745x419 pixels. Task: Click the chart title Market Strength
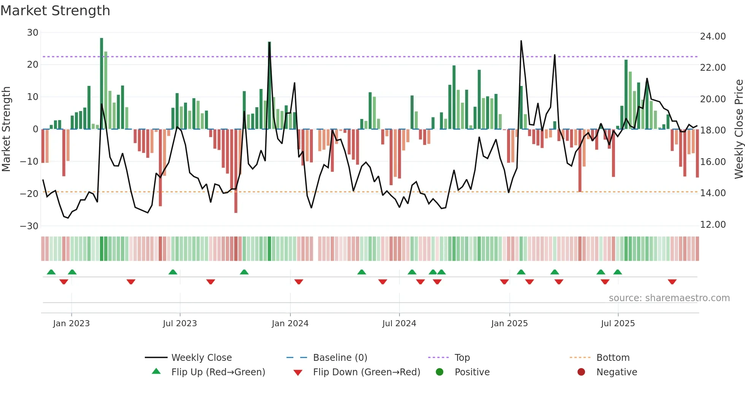[55, 11]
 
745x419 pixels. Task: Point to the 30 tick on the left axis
[33, 33]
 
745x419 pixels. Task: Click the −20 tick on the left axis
[29, 194]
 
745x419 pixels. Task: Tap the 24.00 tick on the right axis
[713, 37]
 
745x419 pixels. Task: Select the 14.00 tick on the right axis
[713, 193]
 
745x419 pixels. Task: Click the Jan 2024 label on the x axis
[290, 324]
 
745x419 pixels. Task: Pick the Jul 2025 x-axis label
[618, 324]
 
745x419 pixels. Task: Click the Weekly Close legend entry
[201, 358]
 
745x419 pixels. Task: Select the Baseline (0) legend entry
[340, 358]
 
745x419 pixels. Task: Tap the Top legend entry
[462, 358]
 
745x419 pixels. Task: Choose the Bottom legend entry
[613, 358]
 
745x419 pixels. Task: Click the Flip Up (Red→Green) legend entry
[218, 372]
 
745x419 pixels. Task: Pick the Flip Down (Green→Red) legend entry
[366, 372]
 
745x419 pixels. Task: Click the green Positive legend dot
[439, 372]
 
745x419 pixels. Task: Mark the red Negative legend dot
[581, 372]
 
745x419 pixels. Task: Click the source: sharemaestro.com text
[669, 298]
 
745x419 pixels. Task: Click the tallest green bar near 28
[101, 84]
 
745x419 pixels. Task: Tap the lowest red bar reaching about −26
[236, 171]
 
